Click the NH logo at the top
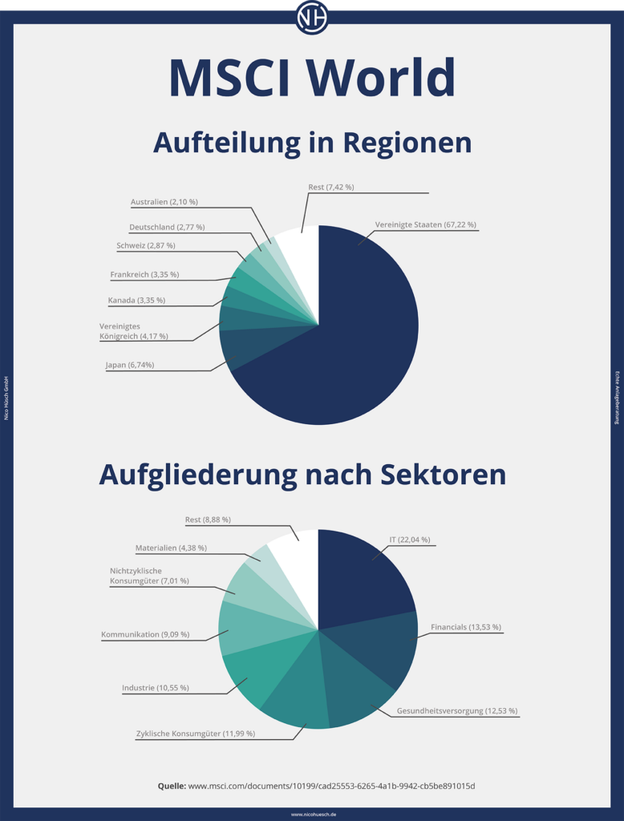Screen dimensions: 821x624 click(x=312, y=17)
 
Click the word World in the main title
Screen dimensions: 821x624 click(x=381, y=78)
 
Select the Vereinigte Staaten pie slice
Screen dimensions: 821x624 click(x=361, y=337)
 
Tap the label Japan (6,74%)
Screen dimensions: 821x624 click(x=130, y=365)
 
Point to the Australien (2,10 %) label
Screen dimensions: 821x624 click(x=164, y=202)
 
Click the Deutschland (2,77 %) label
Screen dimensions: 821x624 click(x=167, y=228)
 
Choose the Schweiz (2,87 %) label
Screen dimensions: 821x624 click(x=146, y=245)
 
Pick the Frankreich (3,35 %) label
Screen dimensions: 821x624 click(x=144, y=274)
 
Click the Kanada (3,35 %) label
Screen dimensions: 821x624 click(x=136, y=301)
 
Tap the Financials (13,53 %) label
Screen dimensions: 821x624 click(x=466, y=627)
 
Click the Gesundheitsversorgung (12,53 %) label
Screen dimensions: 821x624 click(x=457, y=711)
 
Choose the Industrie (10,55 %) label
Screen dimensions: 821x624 click(x=156, y=688)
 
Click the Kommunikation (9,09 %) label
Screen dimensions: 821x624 click(x=145, y=635)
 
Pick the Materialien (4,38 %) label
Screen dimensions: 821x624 click(x=171, y=548)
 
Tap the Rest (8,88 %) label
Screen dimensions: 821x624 click(x=208, y=520)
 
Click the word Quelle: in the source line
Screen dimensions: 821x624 click(x=172, y=786)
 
